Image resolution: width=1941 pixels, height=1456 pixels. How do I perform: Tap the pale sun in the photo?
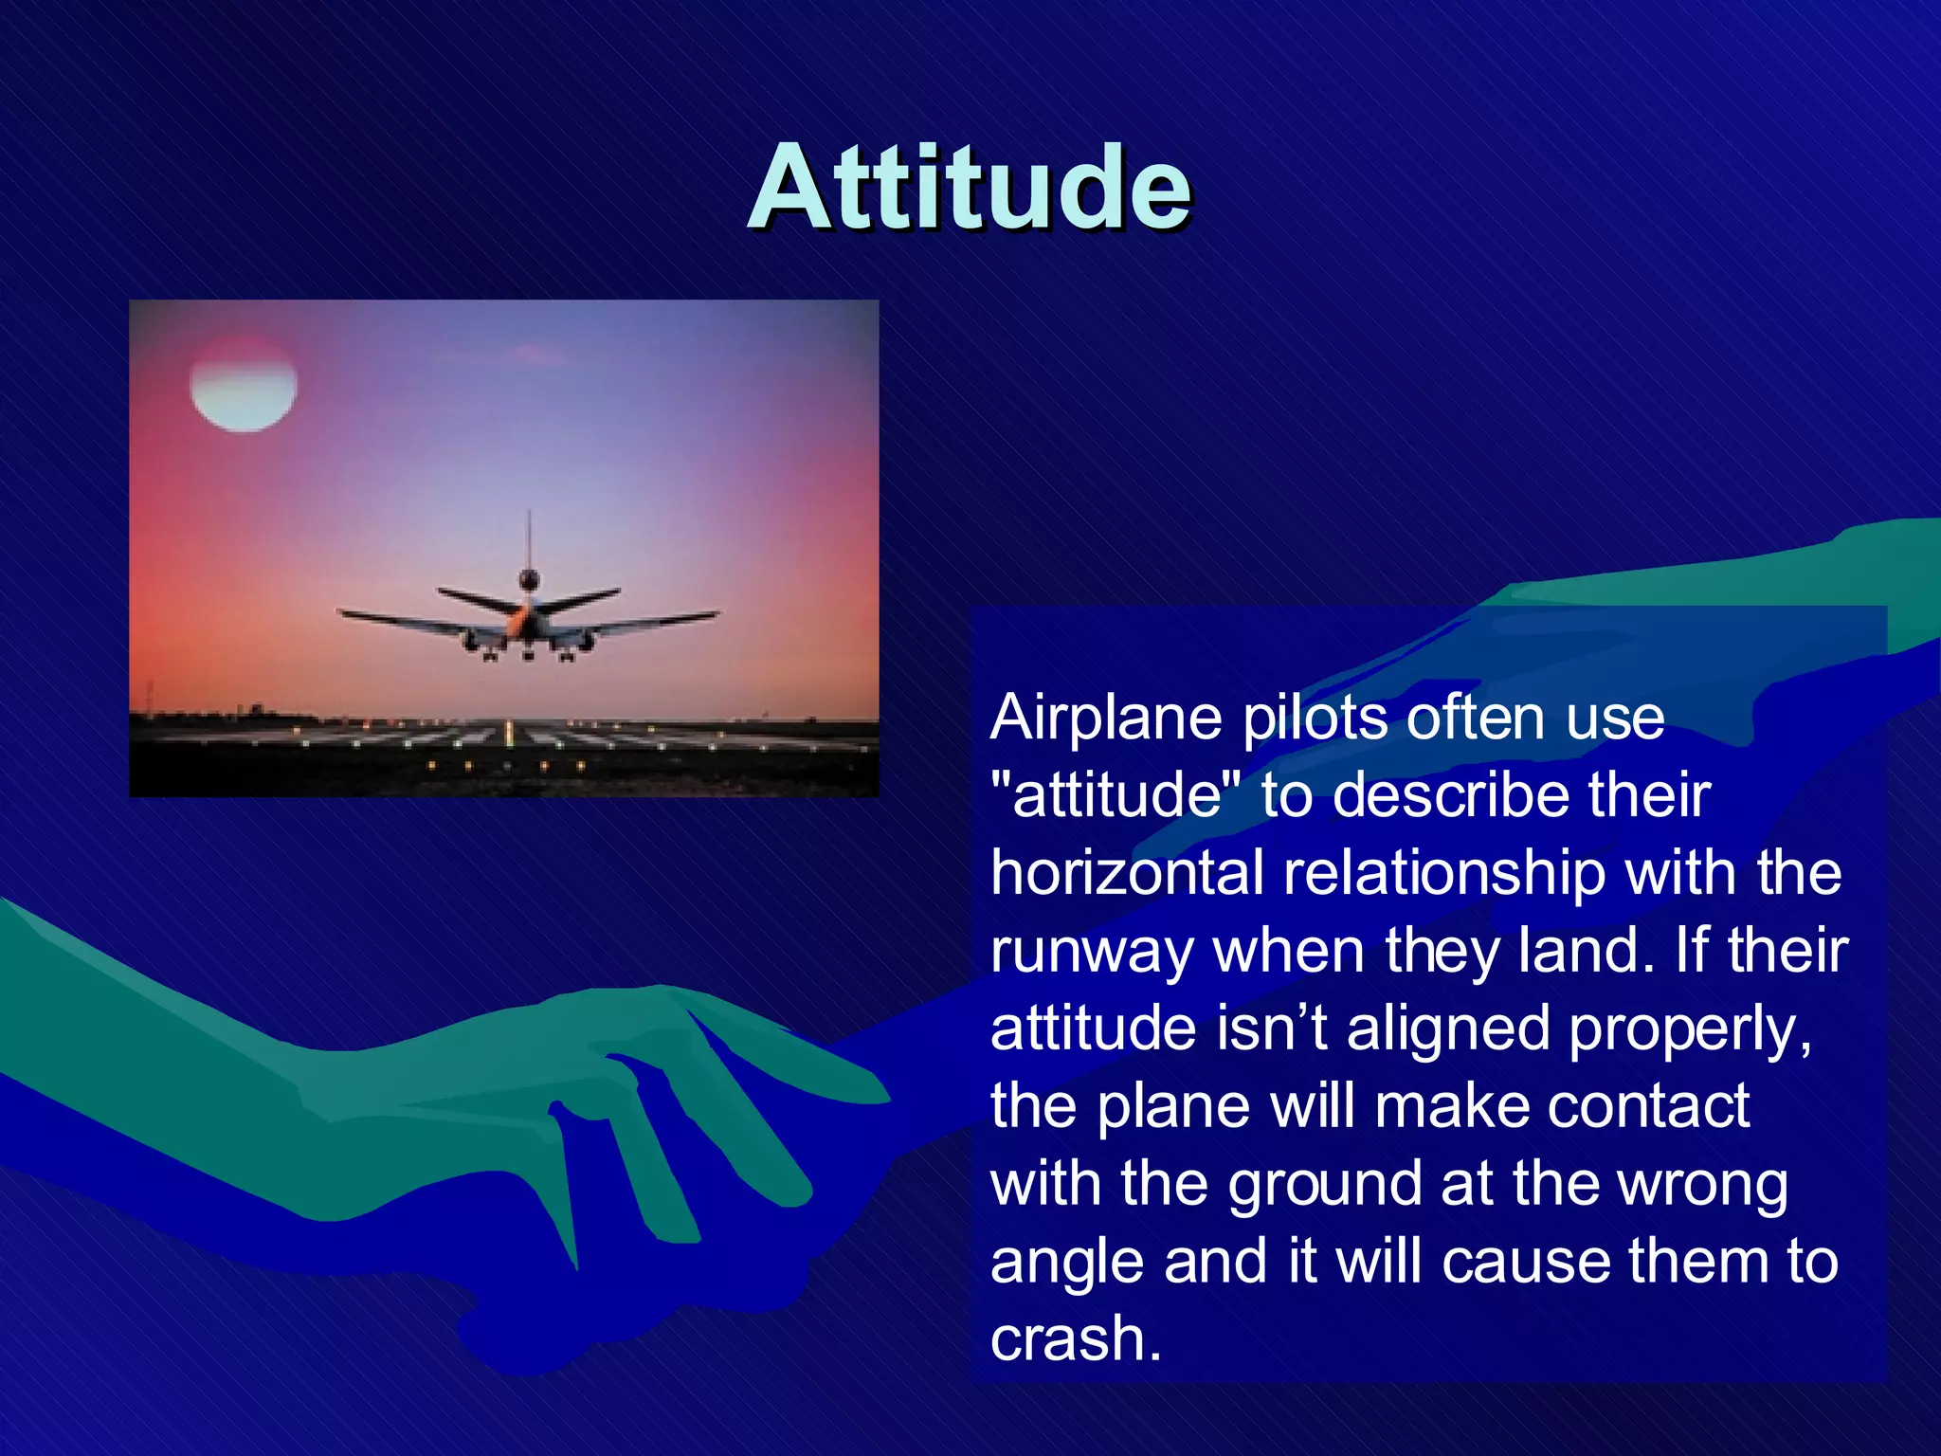pyautogui.click(x=244, y=384)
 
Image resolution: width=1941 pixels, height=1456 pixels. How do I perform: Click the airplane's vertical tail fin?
pyautogui.click(x=529, y=540)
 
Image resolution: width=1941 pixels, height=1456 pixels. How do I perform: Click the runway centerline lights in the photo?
pyautogui.click(x=510, y=733)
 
